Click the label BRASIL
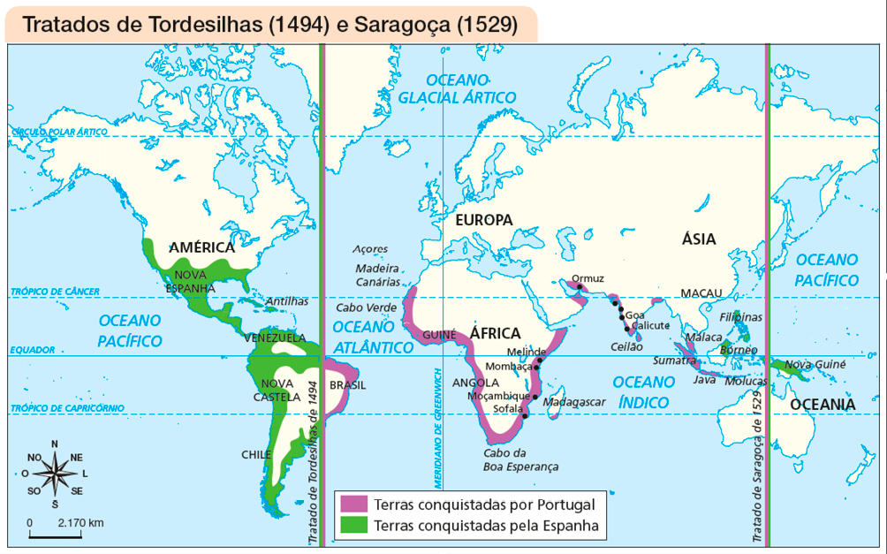pos(346,384)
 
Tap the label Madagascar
pos(574,401)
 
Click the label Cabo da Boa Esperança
pos(520,459)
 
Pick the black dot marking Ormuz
pos(579,286)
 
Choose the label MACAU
pos(701,292)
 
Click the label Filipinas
pos(741,316)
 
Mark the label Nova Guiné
pos(815,364)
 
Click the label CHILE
pos(256,454)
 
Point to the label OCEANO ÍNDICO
pos(643,391)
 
